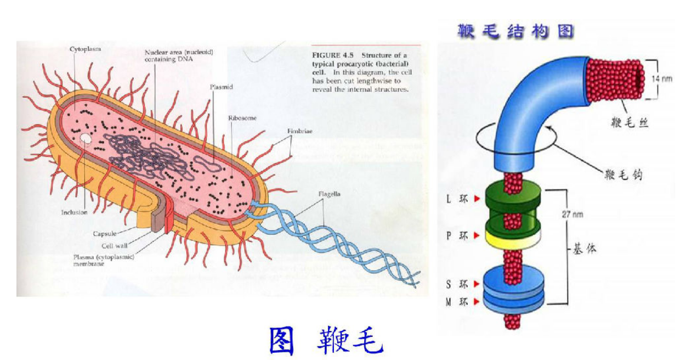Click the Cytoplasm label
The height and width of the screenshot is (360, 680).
[85, 49]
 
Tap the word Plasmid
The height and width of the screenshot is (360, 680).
[221, 87]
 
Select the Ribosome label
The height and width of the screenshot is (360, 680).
[242, 118]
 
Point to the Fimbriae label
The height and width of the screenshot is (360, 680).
[299, 131]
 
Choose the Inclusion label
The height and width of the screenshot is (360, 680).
[74, 212]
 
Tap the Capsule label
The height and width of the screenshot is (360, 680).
[104, 234]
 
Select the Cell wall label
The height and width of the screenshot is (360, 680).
[115, 246]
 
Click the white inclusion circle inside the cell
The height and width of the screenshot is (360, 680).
[85, 140]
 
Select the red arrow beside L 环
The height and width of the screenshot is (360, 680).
[477, 199]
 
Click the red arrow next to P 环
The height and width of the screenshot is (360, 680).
[477, 235]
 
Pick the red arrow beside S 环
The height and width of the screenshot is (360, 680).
[477, 284]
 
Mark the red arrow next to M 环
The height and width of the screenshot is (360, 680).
[477, 302]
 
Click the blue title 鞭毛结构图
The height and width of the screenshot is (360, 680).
[515, 32]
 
